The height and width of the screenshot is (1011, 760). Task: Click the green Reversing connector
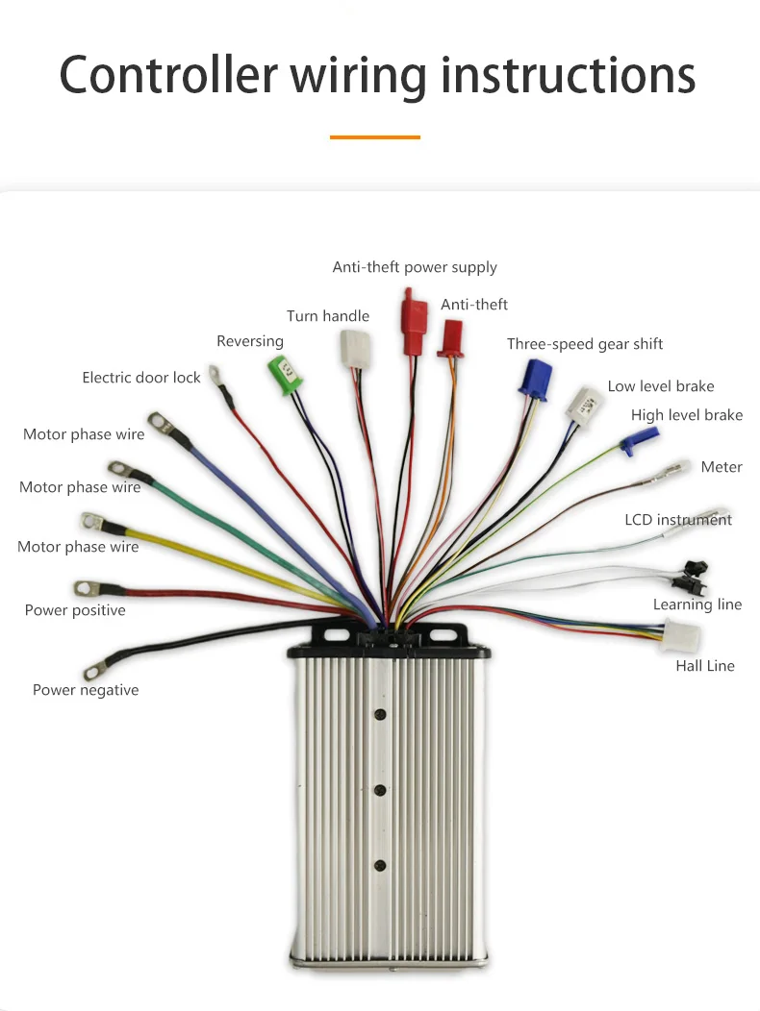[x=283, y=372]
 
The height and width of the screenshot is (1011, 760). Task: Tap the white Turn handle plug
[x=350, y=347]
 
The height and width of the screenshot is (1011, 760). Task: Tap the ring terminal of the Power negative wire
[x=95, y=668]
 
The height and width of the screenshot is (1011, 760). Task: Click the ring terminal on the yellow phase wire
[x=92, y=522]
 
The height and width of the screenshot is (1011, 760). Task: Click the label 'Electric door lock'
[x=141, y=378]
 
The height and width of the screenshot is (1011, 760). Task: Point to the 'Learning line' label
[x=697, y=604]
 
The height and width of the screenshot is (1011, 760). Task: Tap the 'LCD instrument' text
[x=678, y=520]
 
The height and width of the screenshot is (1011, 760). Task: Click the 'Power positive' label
[x=75, y=610]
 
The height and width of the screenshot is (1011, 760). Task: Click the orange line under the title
[x=375, y=137]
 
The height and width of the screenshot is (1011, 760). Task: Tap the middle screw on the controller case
[x=381, y=790]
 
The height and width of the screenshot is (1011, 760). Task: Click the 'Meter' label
[x=722, y=467]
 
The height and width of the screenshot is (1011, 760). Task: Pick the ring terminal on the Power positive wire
[x=85, y=587]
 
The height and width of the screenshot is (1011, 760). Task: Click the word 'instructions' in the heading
[x=568, y=75]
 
